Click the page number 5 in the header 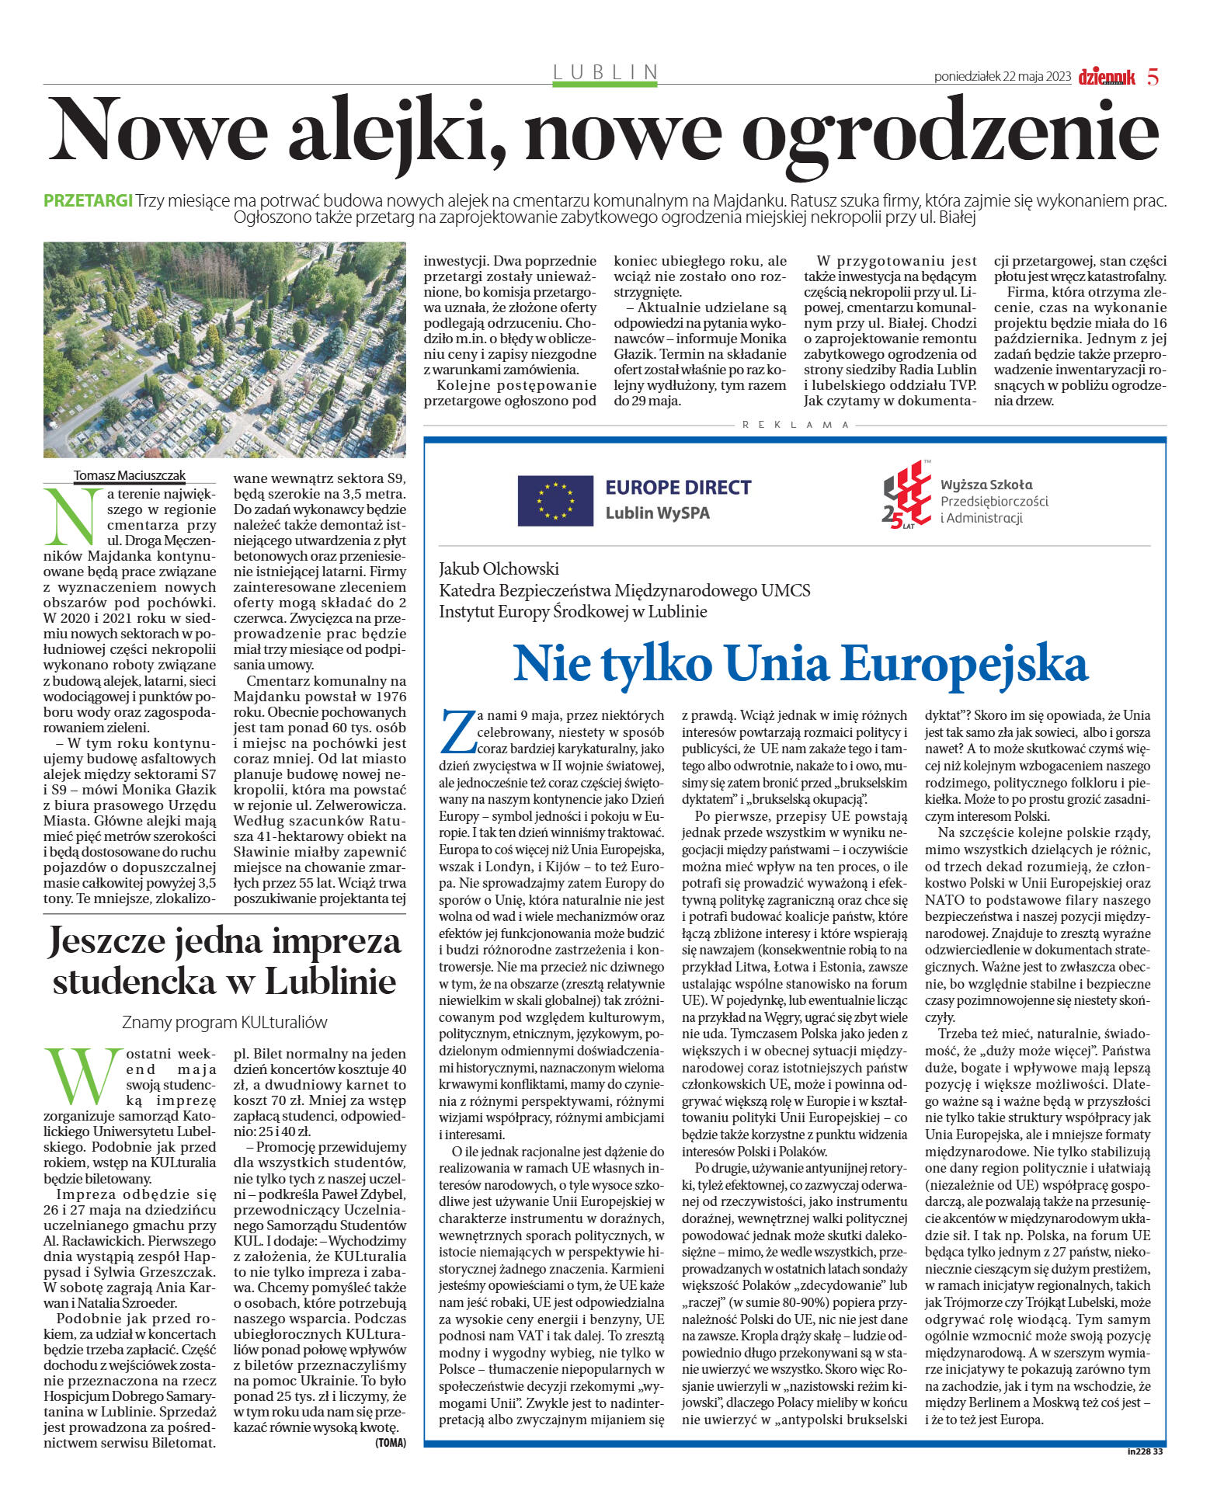pos(1153,77)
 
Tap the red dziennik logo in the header pos(1107,77)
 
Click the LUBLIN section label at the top pos(606,72)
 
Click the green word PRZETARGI pos(88,200)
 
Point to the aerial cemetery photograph pos(224,349)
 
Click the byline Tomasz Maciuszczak pos(130,475)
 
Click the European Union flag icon pos(555,500)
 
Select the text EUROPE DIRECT pos(678,488)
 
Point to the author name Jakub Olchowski pos(499,568)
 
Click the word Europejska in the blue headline pos(964,663)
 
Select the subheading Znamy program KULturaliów pos(224,1022)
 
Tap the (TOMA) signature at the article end pos(390,1442)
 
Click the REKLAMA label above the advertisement pos(795,425)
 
